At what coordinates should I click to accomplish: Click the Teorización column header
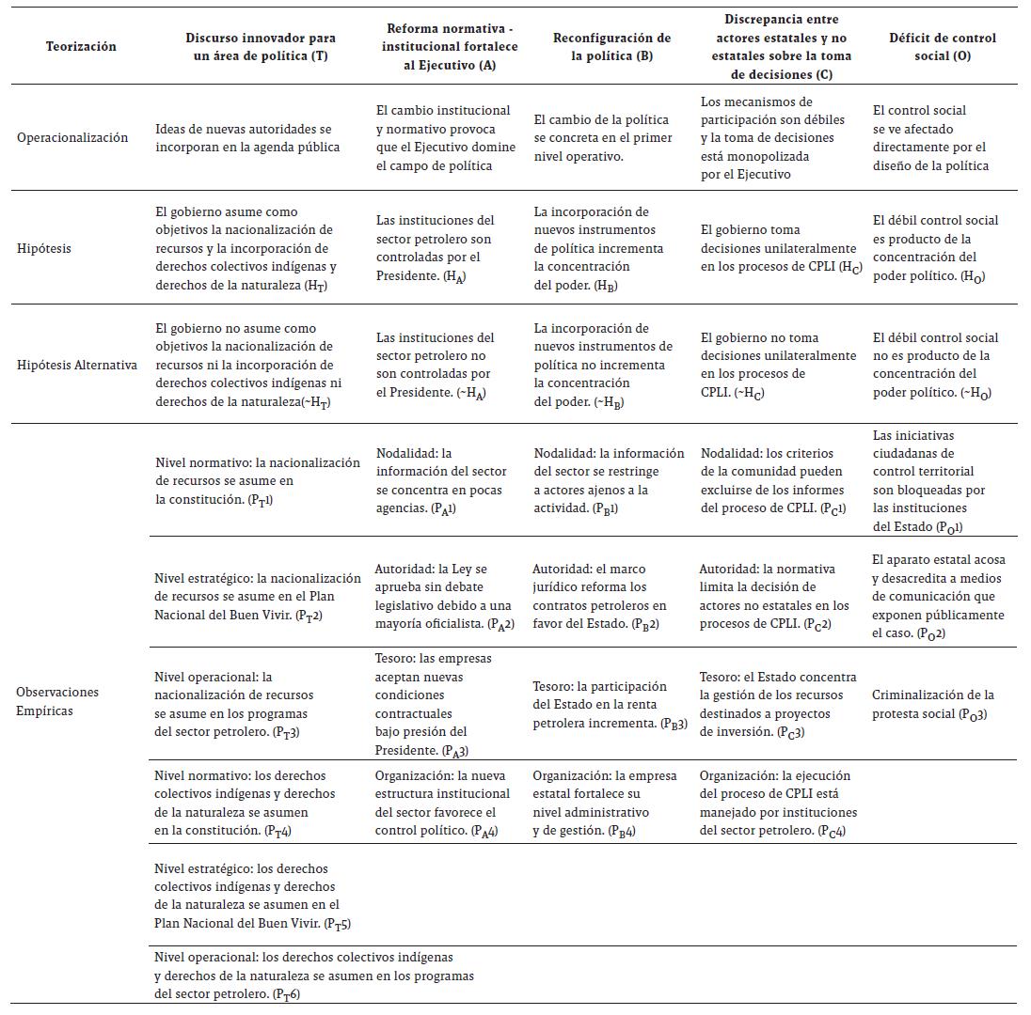81,46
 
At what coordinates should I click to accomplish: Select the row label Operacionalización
72,138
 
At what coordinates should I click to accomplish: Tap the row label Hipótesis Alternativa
77,365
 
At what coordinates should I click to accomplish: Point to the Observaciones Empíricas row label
57,701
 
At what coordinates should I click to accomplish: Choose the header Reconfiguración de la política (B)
611,46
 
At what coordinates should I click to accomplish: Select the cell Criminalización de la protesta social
932,704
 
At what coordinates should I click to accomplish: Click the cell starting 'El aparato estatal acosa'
937,597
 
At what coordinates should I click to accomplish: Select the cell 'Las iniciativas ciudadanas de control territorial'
929,481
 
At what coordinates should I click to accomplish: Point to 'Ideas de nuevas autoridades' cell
248,138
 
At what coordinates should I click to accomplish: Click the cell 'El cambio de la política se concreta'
601,138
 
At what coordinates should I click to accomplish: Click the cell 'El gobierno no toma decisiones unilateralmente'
779,365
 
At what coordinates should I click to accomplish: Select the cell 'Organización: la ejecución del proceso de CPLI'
774,804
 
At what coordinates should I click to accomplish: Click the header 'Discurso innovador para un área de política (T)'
261,46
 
